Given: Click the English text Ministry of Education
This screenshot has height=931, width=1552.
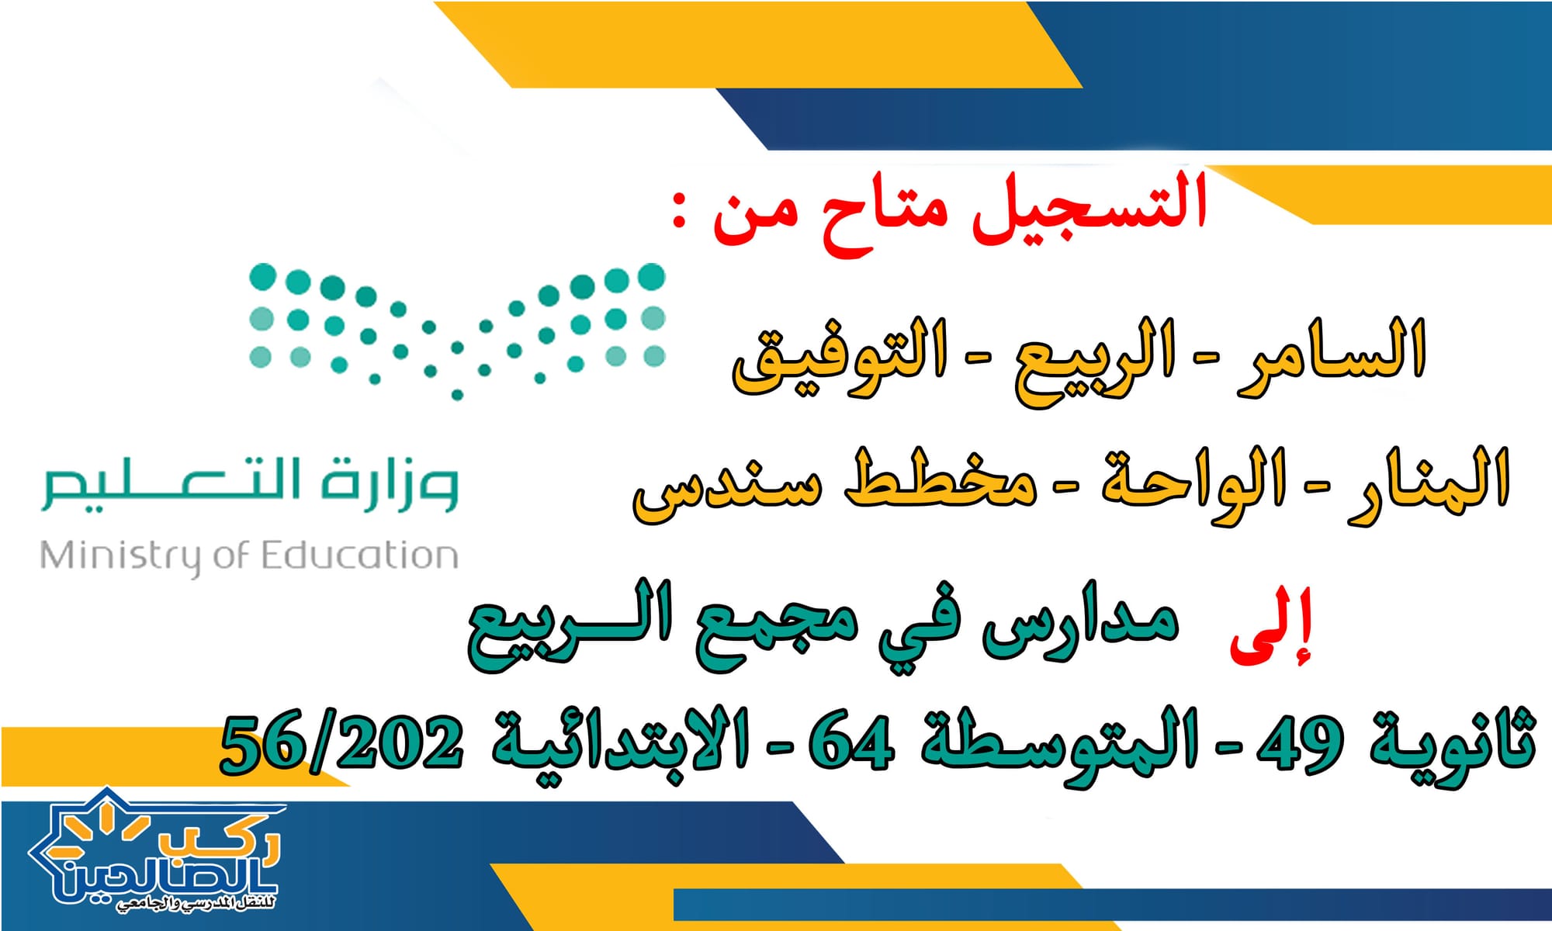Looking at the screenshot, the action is pyautogui.click(x=249, y=557).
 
